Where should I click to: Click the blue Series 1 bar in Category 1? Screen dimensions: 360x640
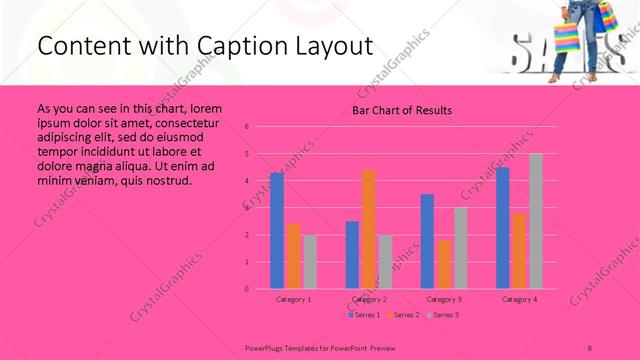click(x=277, y=230)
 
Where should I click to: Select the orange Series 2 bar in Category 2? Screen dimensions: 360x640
click(x=369, y=229)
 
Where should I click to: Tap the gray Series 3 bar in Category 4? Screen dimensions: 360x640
click(x=536, y=221)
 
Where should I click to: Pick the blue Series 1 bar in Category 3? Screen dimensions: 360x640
click(x=427, y=241)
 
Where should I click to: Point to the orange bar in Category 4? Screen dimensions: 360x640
click(x=519, y=250)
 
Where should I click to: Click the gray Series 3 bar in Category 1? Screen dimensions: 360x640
click(x=310, y=261)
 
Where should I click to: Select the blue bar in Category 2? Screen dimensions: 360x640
click(x=352, y=254)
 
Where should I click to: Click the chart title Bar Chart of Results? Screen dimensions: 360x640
click(x=402, y=110)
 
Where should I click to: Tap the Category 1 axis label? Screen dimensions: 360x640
click(x=293, y=299)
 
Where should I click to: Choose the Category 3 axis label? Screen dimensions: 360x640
click(x=443, y=299)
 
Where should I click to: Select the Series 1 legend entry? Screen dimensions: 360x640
click(x=366, y=315)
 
